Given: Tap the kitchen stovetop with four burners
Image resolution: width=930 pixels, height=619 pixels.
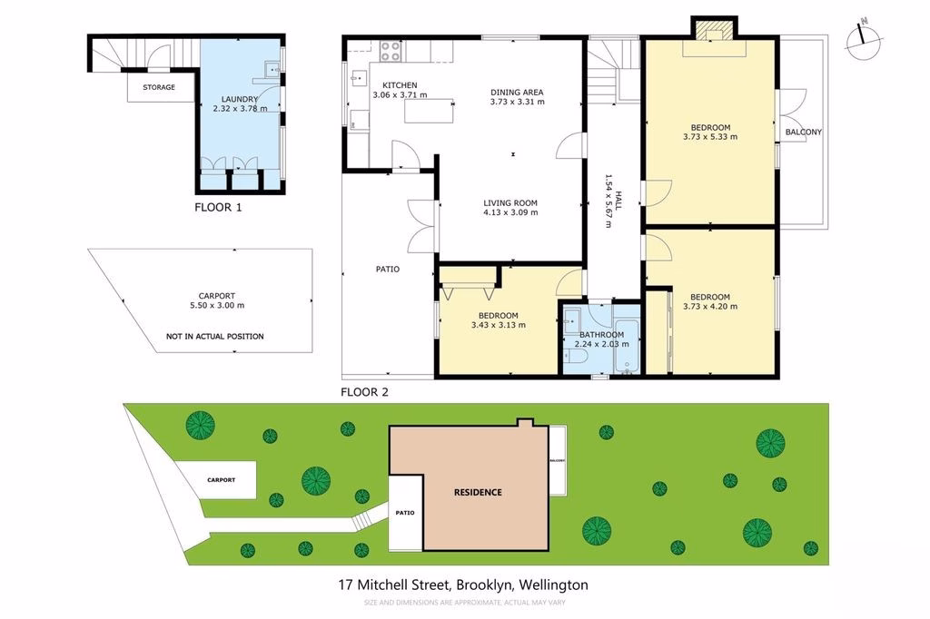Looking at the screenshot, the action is (x=391, y=51).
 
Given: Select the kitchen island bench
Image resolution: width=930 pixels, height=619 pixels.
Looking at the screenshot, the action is (x=429, y=111).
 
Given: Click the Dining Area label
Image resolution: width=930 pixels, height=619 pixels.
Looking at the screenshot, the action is (x=517, y=92).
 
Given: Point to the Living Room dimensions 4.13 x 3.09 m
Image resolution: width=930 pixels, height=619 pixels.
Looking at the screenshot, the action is (x=510, y=212).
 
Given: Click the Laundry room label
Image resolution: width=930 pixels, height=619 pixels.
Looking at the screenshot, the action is (x=240, y=99).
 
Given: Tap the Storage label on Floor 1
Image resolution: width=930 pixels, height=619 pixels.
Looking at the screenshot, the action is (x=159, y=87).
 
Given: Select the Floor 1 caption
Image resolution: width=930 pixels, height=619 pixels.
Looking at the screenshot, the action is (x=218, y=208).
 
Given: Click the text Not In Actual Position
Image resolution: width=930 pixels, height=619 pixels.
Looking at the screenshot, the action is (x=214, y=336).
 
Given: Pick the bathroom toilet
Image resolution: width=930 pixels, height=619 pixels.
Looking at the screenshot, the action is (x=575, y=356).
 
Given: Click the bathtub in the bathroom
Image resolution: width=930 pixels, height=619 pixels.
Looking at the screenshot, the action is (x=627, y=347).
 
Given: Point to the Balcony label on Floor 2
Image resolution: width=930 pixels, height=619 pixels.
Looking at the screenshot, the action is (x=804, y=132).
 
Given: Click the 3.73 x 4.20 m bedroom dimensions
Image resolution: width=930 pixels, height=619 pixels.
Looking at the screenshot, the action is (x=710, y=307).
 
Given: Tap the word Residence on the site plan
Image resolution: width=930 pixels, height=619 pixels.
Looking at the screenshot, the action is (x=478, y=492).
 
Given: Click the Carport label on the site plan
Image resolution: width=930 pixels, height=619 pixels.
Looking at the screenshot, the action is (x=222, y=479).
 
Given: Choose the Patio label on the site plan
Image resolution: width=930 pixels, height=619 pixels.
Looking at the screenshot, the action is (x=405, y=512).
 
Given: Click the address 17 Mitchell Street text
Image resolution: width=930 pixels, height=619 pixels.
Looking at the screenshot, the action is (x=394, y=585).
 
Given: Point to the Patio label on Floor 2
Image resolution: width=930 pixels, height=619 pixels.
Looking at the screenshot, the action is (x=387, y=270).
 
